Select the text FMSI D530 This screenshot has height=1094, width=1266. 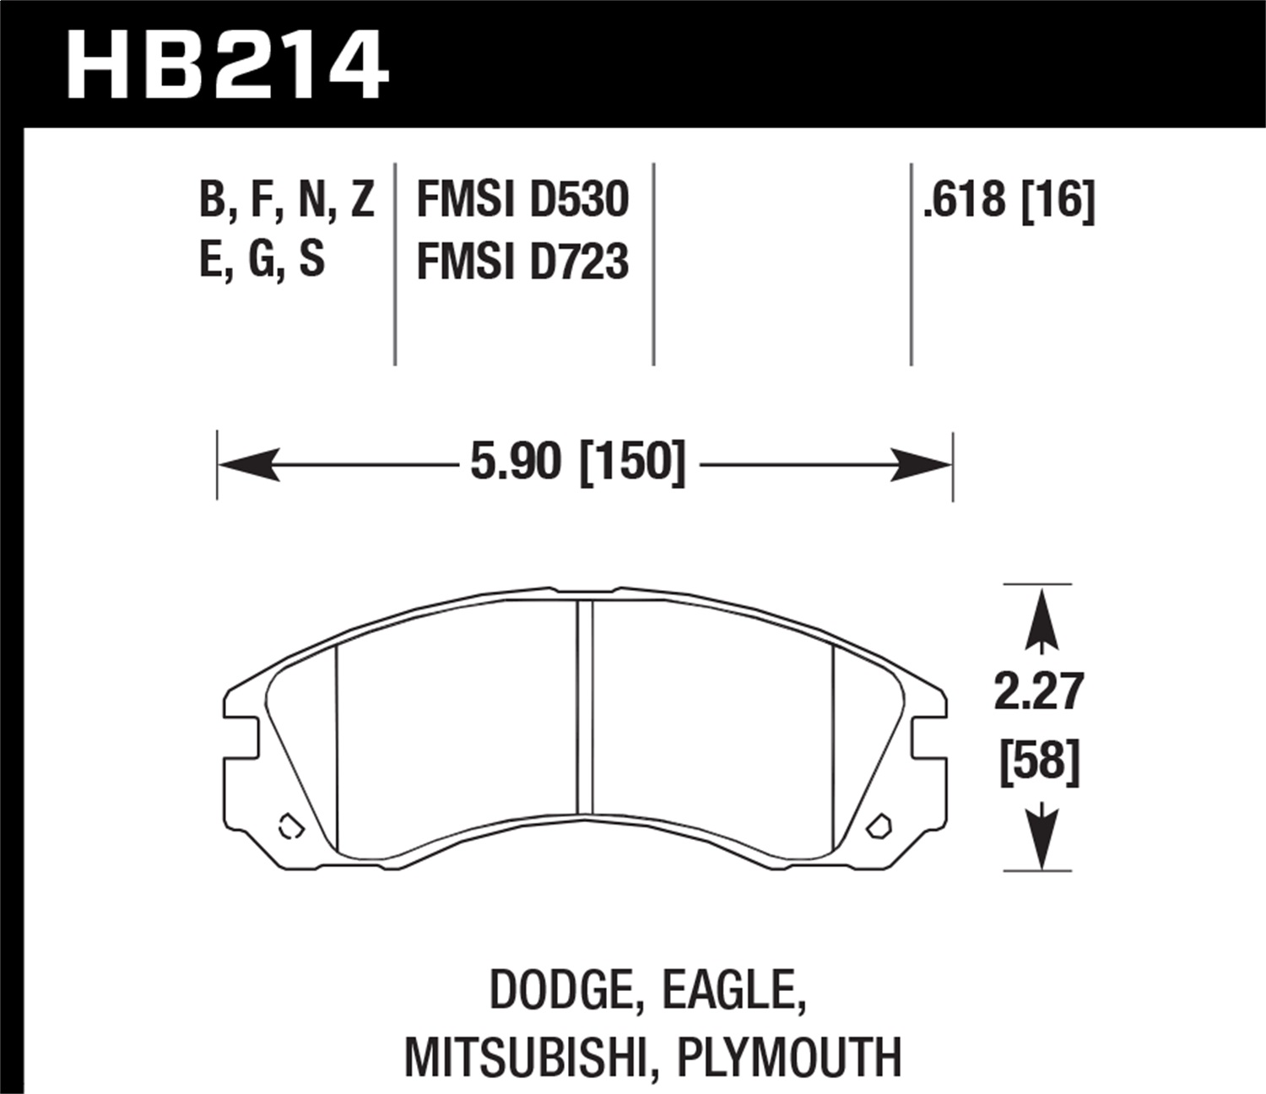pos(522,200)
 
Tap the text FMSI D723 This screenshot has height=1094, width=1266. pos(522,262)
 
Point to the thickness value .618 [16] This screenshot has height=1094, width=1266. pos(1009,200)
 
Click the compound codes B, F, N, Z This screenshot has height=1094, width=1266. pos(287,200)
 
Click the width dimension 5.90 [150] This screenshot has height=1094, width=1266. pos(578,463)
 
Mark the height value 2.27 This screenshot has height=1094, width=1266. pos(1039,692)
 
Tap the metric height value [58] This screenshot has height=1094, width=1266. pos(1039,762)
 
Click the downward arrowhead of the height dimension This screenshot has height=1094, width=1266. pos(1041,840)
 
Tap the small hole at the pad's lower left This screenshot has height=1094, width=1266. pos(289,826)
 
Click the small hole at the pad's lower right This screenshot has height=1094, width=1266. pos(879,825)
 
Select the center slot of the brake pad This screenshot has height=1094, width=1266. pos(585,707)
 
